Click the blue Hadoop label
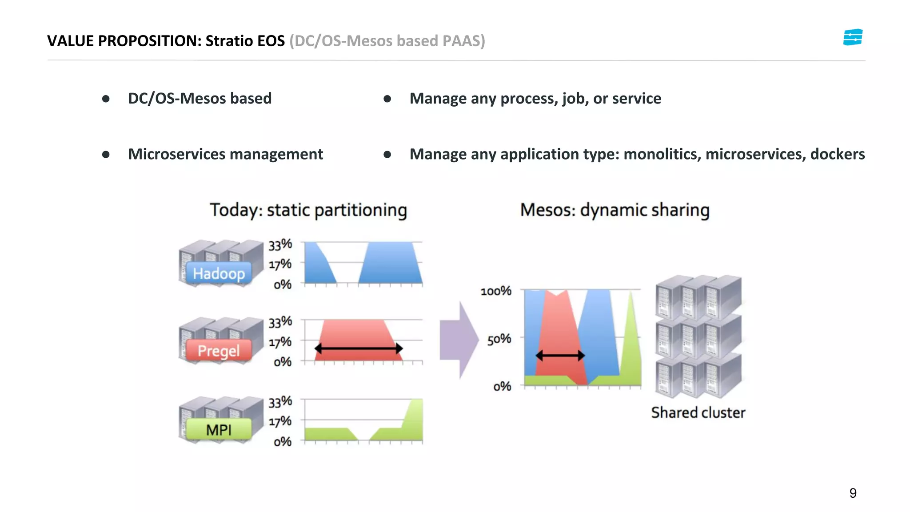tap(219, 273)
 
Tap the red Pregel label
tap(219, 351)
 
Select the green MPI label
tap(219, 430)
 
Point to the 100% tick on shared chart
tap(496, 291)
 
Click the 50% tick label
tap(499, 339)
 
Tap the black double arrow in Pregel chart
tap(359, 348)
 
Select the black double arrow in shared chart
tap(560, 355)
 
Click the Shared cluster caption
tap(698, 412)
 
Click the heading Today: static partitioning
tap(308, 210)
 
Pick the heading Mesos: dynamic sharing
tap(615, 210)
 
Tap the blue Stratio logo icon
tap(852, 37)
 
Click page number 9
tap(853, 493)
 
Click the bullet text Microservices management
tap(225, 154)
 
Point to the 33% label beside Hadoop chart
tap(280, 244)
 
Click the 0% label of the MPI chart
tap(282, 441)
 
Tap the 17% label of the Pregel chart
tap(280, 342)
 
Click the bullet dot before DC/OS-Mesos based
tap(106, 99)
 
